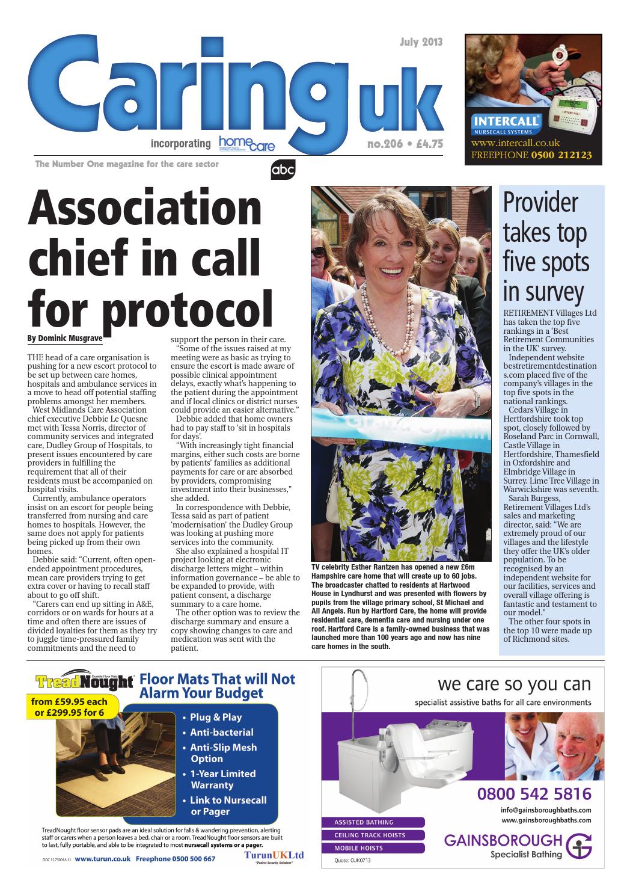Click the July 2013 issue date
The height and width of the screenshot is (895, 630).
pos(421,42)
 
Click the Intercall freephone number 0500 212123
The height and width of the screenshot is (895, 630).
pos(561,155)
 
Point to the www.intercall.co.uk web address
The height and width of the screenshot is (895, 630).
pos(515,143)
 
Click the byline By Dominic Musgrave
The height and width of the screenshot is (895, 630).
pos(65,338)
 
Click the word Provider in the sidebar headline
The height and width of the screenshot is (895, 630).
pos(540,204)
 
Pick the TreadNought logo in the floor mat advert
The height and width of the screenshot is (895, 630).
pos(84,681)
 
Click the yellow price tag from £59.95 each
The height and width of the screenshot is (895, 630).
pos(69,707)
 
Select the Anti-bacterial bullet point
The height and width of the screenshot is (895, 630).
pos(221,732)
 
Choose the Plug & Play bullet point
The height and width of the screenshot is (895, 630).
pos(215,717)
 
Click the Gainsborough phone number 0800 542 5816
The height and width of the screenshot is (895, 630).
pos(534,793)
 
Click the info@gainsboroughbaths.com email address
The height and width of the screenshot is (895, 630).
pos(545,810)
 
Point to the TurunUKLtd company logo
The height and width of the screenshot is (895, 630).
pos(274,855)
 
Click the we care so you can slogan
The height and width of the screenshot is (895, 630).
pos(514,684)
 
